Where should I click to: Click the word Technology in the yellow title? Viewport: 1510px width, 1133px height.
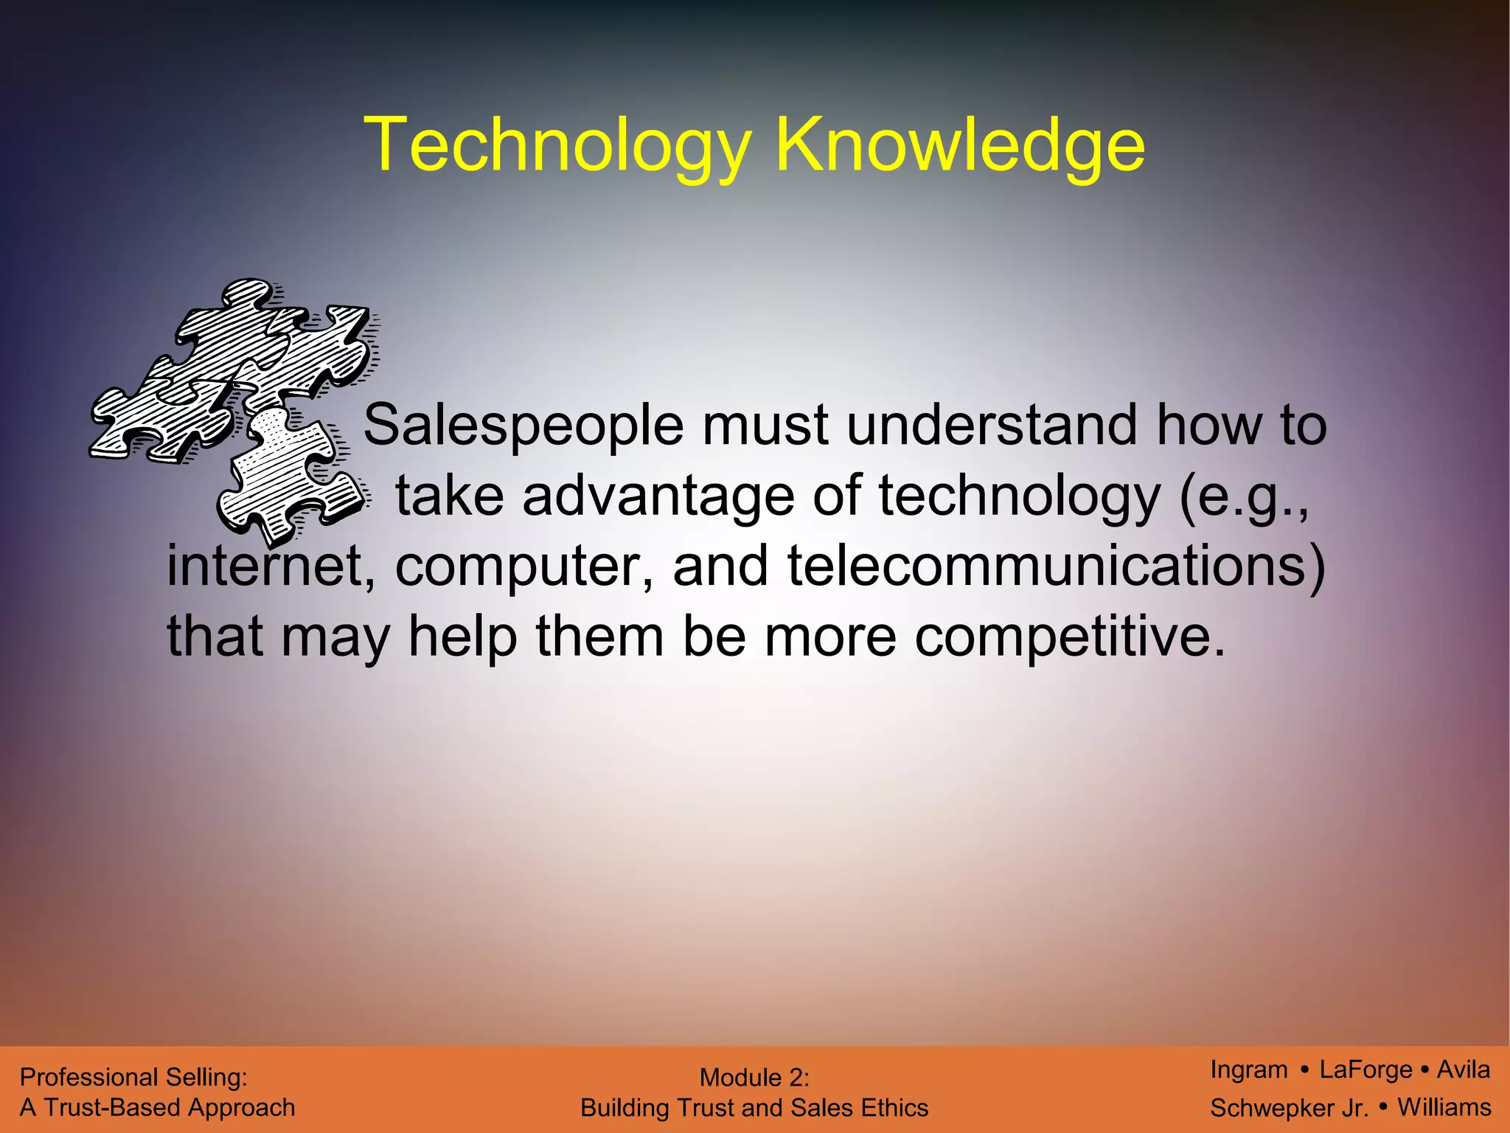(x=557, y=145)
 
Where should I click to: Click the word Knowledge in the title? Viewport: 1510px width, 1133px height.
(x=959, y=145)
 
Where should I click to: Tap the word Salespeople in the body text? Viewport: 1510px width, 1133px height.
(x=523, y=426)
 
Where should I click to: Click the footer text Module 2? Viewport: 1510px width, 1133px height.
(x=754, y=1078)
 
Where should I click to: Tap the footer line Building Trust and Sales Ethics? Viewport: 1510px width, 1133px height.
(x=754, y=1108)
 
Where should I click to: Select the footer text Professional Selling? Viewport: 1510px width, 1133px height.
(x=133, y=1078)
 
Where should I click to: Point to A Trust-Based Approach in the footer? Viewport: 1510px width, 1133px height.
(x=157, y=1108)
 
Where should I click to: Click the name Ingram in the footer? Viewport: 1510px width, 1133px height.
(x=1248, y=1070)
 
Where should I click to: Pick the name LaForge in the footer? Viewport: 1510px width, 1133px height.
(x=1365, y=1070)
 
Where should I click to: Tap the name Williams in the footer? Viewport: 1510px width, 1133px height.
(x=1444, y=1107)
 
